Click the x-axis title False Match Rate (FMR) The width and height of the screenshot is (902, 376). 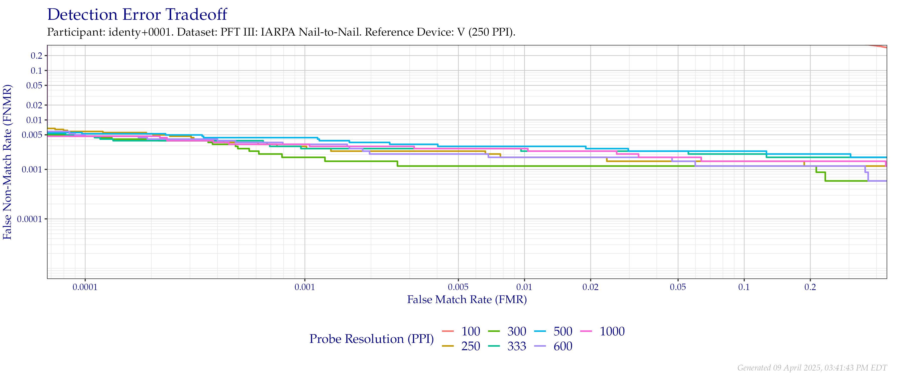tap(467, 300)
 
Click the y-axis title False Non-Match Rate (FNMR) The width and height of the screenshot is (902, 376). tap(7, 162)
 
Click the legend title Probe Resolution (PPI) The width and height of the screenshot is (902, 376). tap(372, 339)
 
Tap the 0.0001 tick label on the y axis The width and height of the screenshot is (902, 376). tap(31, 219)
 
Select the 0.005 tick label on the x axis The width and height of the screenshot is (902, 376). tap(458, 287)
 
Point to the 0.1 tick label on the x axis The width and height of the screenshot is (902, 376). tap(744, 287)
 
